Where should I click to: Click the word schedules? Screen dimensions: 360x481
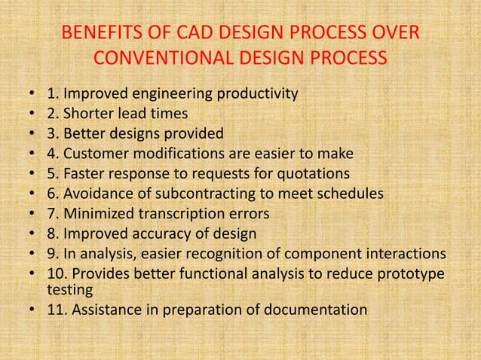click(x=349, y=194)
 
